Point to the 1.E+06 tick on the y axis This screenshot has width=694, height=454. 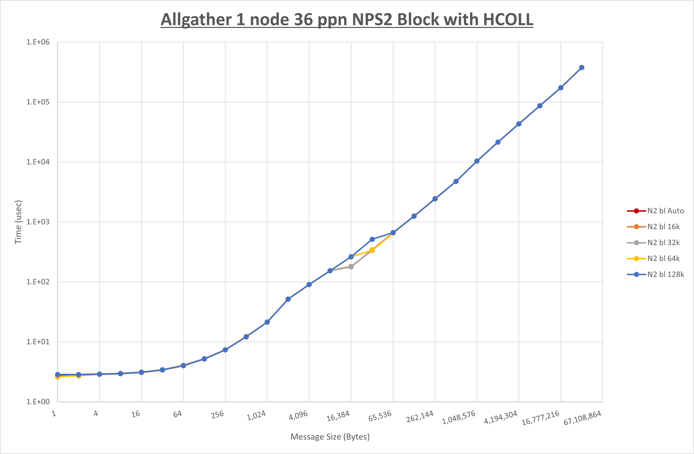click(x=38, y=42)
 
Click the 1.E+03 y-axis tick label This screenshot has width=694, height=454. click(x=38, y=222)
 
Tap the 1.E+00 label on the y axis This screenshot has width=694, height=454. click(x=38, y=402)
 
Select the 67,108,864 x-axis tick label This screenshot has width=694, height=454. click(x=582, y=418)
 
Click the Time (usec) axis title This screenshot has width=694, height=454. click(x=18, y=222)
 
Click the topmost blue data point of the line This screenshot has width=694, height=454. click(x=581, y=68)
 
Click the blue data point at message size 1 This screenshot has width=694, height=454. click(x=58, y=375)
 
